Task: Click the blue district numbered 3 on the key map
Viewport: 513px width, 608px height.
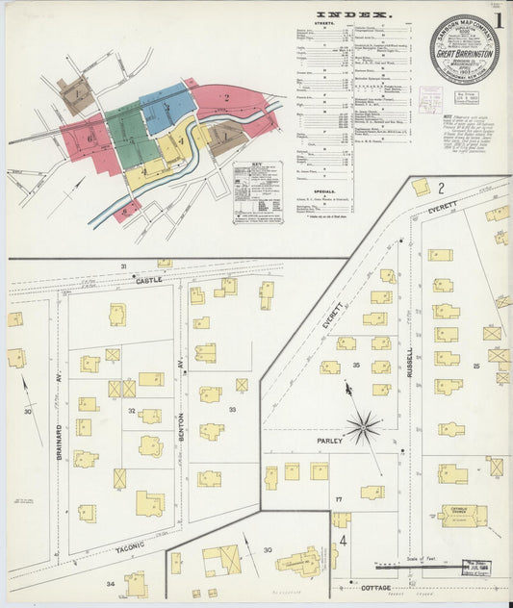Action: (x=167, y=106)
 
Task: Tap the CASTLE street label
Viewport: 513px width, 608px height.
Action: (x=150, y=280)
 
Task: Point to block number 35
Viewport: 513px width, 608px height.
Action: (x=356, y=366)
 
